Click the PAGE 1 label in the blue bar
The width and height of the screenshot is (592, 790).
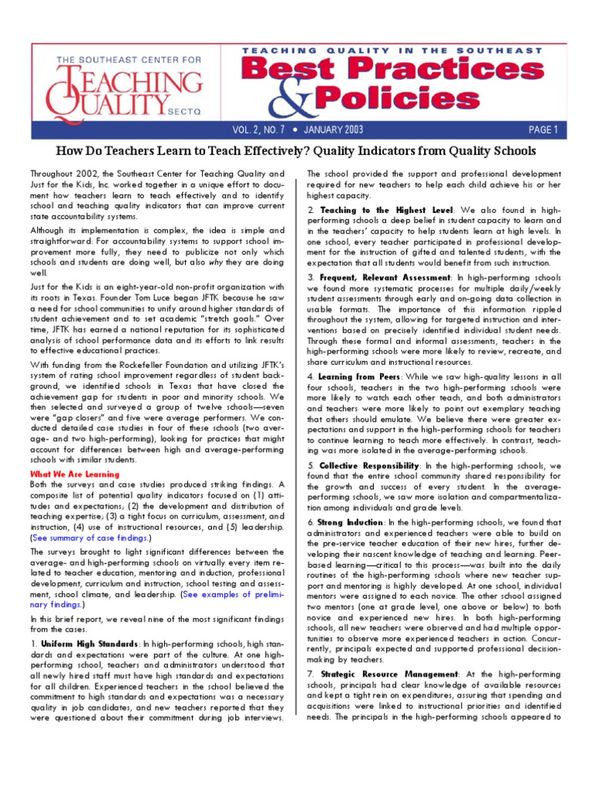[543, 129]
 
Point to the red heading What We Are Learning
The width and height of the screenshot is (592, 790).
[75, 474]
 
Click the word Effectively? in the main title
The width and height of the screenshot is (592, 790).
[298, 150]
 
